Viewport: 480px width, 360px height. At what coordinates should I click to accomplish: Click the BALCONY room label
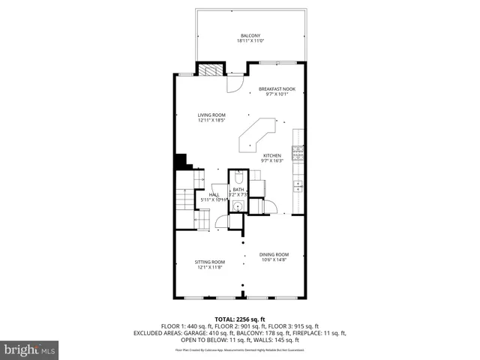coord(250,36)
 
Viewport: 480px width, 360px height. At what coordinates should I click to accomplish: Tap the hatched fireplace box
coord(209,70)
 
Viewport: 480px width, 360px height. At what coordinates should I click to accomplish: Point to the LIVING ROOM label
coord(211,115)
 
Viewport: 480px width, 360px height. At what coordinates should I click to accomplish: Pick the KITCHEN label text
coord(271,156)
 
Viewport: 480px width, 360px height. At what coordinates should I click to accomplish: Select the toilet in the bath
coord(238,179)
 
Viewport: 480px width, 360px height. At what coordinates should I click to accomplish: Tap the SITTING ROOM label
coord(211,262)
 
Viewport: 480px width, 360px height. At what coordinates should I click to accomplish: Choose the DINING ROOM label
coord(274,255)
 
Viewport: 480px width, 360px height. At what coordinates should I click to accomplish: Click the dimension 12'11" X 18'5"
coord(211,120)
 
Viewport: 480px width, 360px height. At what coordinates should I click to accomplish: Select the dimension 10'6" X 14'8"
coord(274,260)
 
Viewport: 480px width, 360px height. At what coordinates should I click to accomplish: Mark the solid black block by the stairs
coord(180,162)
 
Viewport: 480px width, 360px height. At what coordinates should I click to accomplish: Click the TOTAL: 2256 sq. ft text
coord(240,319)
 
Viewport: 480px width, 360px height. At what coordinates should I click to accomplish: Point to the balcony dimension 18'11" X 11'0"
coord(250,41)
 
